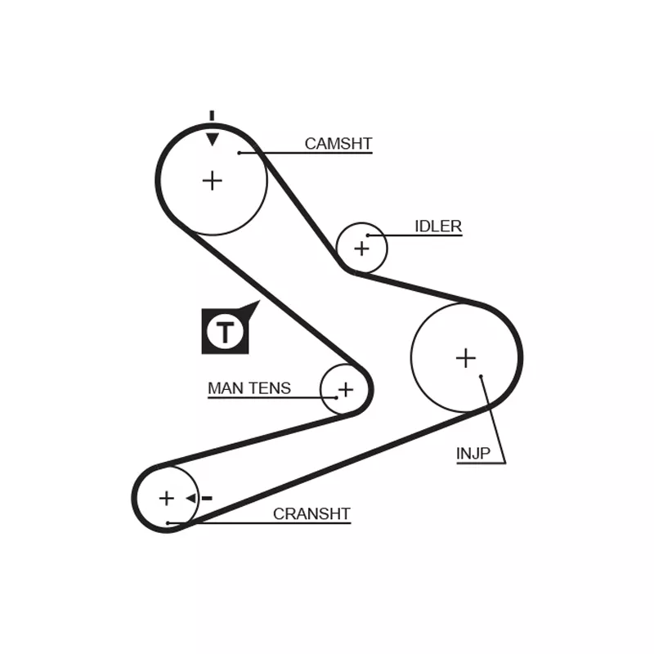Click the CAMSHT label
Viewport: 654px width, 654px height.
pos(338,144)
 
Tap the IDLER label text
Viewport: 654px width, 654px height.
pos(438,226)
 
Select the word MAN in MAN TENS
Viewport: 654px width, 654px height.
pos(223,388)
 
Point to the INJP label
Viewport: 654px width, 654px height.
pos(473,454)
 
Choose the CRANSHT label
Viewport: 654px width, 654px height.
pos(311,514)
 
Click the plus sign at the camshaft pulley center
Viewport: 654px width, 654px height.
pos(212,180)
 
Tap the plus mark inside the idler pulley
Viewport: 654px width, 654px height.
pos(361,247)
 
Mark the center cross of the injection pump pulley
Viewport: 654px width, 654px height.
pos(465,357)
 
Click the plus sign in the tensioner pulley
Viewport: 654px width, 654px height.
pos(345,389)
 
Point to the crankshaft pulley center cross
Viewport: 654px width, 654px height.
pos(167,498)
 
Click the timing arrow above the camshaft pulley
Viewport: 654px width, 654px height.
pos(212,138)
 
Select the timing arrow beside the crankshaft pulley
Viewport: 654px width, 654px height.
pos(191,498)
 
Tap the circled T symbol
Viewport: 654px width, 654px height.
pos(225,332)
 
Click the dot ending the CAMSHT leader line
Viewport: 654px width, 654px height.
pos(240,152)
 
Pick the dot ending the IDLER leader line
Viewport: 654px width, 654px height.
pos(368,235)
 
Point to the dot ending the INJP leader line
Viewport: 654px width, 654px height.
pos(482,377)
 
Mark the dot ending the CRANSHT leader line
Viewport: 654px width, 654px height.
pos(168,522)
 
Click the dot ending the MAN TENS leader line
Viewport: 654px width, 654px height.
pos(336,397)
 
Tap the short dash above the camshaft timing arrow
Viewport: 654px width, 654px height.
pos(212,115)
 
